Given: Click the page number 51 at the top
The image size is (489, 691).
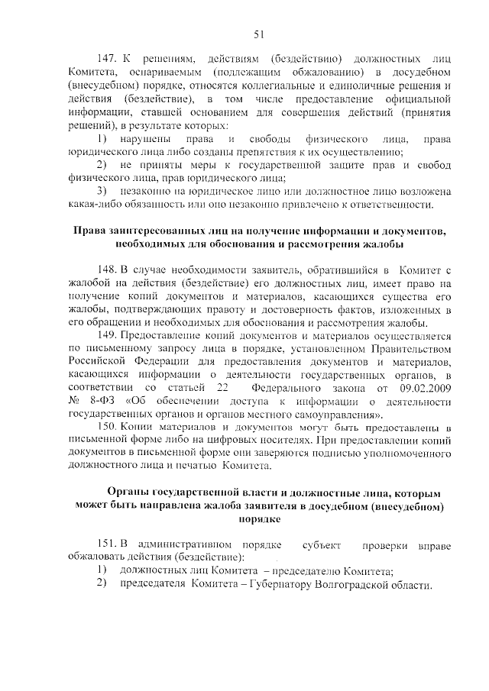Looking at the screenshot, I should tap(259, 34).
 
